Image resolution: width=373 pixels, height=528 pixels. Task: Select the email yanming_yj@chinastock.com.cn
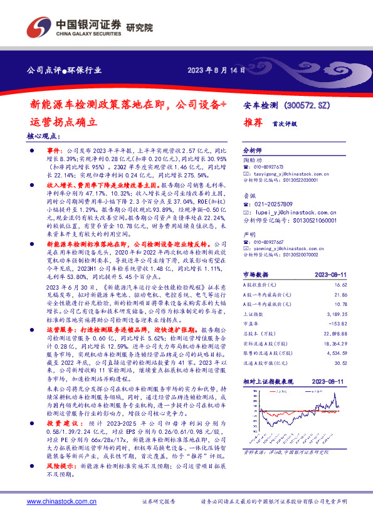(292, 247)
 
